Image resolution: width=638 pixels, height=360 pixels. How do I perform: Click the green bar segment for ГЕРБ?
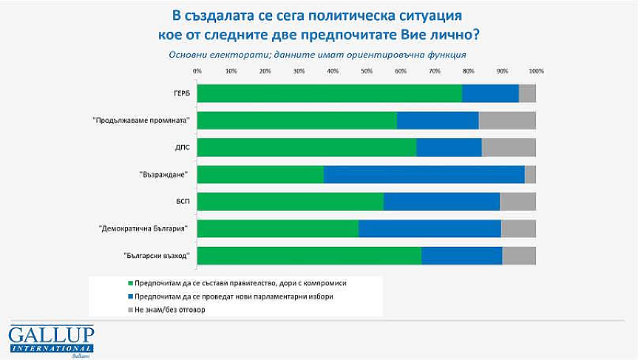tap(330, 93)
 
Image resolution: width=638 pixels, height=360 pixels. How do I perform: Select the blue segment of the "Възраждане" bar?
tap(424, 174)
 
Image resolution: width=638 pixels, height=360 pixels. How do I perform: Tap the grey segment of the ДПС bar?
tap(508, 147)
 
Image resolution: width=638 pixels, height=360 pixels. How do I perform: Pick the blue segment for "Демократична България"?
tap(430, 229)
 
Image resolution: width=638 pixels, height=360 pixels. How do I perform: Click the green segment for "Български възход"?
tap(309, 256)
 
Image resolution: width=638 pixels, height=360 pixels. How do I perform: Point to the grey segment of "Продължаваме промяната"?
tap(506, 120)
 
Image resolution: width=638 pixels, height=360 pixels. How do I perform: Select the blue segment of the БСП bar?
tap(441, 202)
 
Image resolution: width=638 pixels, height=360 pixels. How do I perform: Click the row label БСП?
tap(182, 202)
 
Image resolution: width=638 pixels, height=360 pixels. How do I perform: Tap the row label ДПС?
tap(182, 147)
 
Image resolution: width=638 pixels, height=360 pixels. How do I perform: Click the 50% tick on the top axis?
tap(366, 72)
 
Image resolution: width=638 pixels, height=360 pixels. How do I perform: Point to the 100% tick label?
tap(536, 72)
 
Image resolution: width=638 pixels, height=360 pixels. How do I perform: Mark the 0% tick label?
tap(197, 72)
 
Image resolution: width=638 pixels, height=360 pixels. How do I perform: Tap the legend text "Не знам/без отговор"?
tap(170, 310)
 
